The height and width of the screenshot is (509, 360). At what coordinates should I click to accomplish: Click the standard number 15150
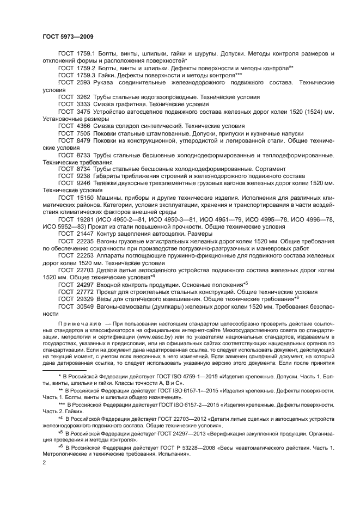pyautogui.click(x=85, y=198)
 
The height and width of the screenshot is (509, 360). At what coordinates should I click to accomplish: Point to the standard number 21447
pyautogui.click(x=85, y=234)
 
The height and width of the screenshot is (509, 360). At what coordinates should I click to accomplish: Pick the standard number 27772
pyautogui.click(x=85, y=292)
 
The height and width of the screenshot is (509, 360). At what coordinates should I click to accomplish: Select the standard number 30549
pyautogui.click(x=85, y=306)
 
